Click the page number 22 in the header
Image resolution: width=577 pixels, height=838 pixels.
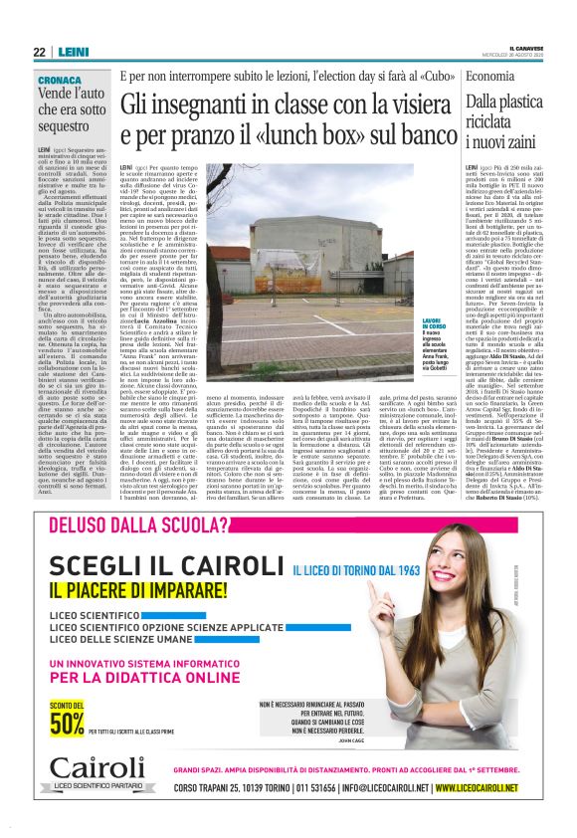[x=39, y=52]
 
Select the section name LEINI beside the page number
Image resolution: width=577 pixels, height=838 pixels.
[x=72, y=52]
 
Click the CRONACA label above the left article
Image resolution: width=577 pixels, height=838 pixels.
[x=60, y=79]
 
